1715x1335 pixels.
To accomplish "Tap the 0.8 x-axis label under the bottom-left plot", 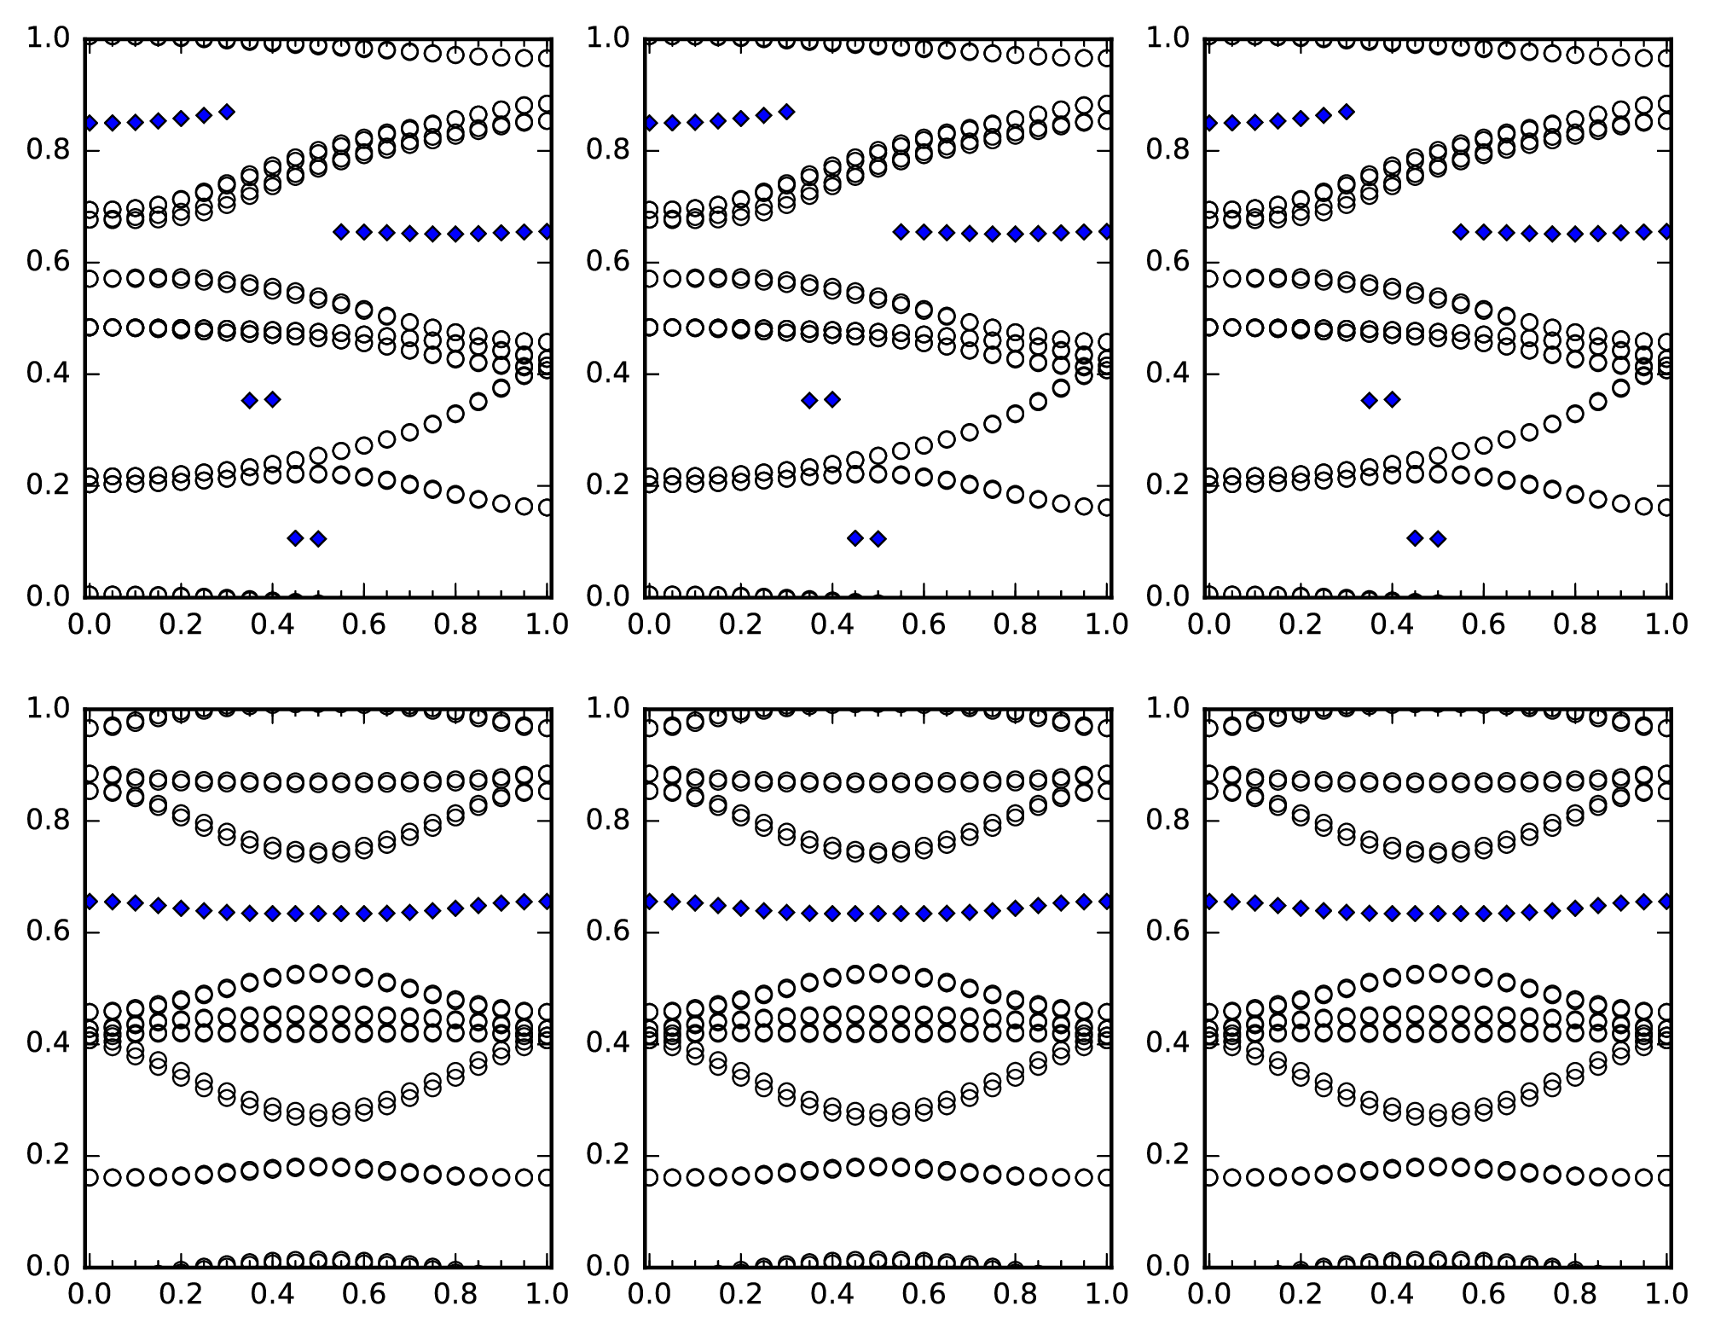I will click(455, 1294).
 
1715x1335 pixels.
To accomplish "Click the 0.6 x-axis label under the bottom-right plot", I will click(1483, 1294).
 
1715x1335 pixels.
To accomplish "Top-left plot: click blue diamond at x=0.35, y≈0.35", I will click(250, 400).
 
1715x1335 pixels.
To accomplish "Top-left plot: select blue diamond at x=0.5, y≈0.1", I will click(318, 538).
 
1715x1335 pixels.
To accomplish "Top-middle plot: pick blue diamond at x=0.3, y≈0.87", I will click(786, 112).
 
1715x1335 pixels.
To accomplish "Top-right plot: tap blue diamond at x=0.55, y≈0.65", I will click(1460, 232).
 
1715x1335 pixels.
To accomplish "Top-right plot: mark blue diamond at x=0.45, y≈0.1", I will click(1415, 537).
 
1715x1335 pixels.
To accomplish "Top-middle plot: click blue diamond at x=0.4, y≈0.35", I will click(832, 399).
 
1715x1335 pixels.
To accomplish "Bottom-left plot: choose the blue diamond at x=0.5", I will click(318, 914).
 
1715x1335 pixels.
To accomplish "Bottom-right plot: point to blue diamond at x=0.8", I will click(1575, 908).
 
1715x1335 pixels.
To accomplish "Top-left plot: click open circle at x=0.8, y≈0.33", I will click(455, 414).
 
